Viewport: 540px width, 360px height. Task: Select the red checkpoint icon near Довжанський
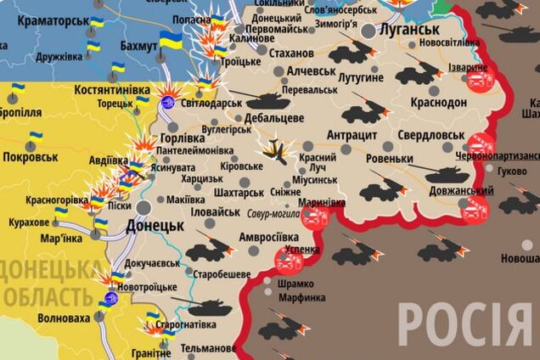point(475,209)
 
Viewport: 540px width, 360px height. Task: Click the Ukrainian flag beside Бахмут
point(170,40)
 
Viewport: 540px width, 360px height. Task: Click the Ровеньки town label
point(391,159)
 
